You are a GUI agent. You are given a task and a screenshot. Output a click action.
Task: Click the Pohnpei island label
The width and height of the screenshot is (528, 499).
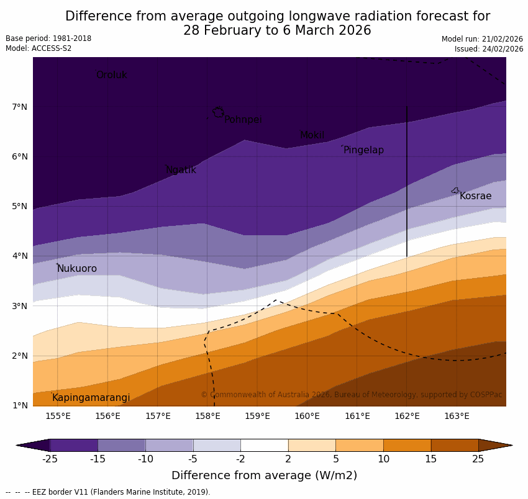(243, 120)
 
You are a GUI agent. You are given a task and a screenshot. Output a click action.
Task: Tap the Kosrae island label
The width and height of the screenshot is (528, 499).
(475, 196)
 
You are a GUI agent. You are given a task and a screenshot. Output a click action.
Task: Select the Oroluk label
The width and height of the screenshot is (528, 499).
(111, 75)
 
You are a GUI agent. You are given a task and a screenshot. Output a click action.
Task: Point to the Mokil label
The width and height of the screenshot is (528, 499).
(312, 135)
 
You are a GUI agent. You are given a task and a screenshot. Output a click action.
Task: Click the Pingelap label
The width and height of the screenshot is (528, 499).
(363, 150)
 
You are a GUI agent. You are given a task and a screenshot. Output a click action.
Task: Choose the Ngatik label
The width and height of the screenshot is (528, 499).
(181, 170)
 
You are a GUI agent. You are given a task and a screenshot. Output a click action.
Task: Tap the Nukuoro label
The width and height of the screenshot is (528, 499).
(77, 269)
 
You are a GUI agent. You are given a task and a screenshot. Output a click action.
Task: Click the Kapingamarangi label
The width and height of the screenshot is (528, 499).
(91, 398)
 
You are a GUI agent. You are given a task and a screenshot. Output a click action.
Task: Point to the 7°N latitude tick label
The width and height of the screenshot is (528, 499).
(19, 107)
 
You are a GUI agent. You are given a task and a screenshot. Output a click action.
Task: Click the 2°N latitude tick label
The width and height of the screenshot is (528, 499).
(19, 356)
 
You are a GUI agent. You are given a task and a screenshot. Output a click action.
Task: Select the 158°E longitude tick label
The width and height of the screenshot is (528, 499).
(207, 416)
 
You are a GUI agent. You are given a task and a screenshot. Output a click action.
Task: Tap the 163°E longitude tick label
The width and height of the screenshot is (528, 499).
(457, 416)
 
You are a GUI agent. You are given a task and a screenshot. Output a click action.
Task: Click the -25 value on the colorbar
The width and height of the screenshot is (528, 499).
(50, 459)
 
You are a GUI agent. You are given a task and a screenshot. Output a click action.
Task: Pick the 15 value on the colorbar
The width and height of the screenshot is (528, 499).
(431, 459)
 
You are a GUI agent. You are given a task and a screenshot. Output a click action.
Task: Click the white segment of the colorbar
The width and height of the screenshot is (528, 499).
(264, 445)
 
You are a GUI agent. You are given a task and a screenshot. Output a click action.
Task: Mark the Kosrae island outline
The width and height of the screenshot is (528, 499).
(455, 191)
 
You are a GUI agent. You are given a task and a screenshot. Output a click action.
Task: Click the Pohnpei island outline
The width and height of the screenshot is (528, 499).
(218, 112)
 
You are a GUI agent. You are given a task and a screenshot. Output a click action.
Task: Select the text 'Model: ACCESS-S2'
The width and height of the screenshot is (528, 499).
(39, 48)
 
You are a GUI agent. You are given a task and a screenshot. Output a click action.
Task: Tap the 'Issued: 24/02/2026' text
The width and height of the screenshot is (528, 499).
(489, 49)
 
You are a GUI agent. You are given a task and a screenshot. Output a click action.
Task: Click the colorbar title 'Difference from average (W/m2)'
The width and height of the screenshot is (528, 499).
(264, 476)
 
